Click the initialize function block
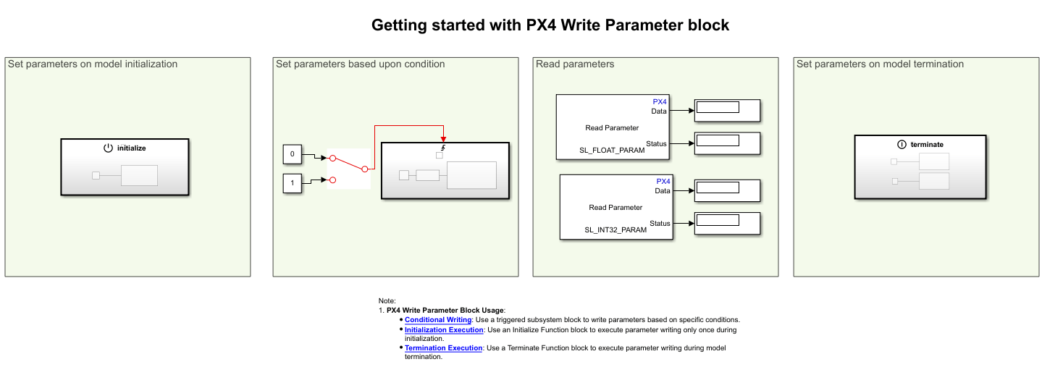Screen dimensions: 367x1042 pyautogui.click(x=125, y=167)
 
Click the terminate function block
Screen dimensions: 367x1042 pyautogui.click(x=920, y=167)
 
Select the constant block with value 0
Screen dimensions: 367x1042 pyautogui.click(x=293, y=154)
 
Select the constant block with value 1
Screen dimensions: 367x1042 pyautogui.click(x=293, y=184)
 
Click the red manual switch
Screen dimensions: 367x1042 pyautogui.click(x=348, y=168)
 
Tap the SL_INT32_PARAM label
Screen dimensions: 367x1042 pyautogui.click(x=616, y=229)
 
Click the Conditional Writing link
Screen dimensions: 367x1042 pyautogui.click(x=438, y=319)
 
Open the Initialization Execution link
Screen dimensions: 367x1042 pyautogui.click(x=444, y=330)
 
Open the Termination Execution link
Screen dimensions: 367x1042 pyautogui.click(x=443, y=348)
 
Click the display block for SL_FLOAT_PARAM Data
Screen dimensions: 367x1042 pyautogui.click(x=726, y=111)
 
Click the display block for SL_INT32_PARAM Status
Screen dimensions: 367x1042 pyautogui.click(x=726, y=223)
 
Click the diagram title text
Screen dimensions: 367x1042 pyautogui.click(x=550, y=25)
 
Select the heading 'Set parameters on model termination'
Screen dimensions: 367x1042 pyautogui.click(x=880, y=64)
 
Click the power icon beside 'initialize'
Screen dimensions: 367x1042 pyautogui.click(x=108, y=148)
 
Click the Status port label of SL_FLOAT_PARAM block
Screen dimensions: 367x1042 pyautogui.click(x=656, y=143)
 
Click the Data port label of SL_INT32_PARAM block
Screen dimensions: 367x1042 pyautogui.click(x=662, y=191)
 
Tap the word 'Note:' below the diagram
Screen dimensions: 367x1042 pyautogui.click(x=387, y=300)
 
